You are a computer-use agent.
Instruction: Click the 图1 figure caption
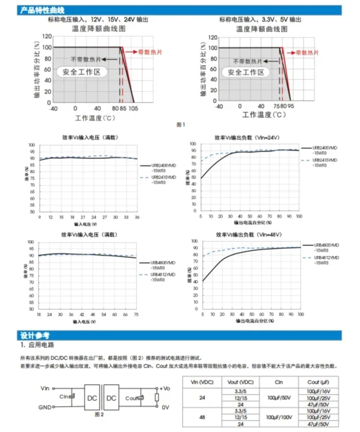point(180,124)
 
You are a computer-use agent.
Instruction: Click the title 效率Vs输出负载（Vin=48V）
point(247,235)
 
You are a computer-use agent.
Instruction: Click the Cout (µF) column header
point(317,382)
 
